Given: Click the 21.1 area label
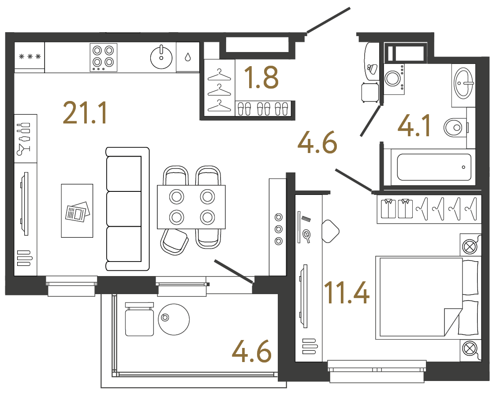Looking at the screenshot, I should coord(85,113).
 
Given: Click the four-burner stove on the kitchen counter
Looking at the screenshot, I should coord(104,57).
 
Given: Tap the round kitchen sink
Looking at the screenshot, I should coord(161,57).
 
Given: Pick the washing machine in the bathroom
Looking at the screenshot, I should coord(394,78).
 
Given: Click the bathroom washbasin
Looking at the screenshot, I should coord(463,82).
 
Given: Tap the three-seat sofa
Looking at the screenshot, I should coord(127,209).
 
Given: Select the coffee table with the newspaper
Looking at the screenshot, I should coord(77,211).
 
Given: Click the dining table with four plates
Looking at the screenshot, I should coord(191,207).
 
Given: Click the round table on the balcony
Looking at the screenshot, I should coord(174,319).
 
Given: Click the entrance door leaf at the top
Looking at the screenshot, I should coord(328,20).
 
